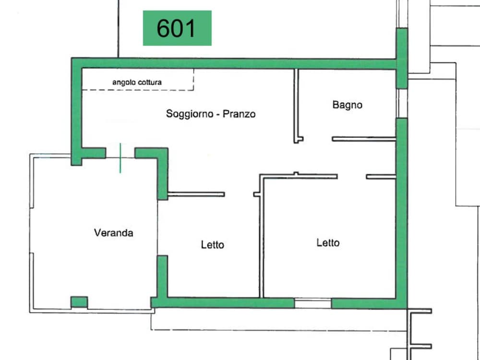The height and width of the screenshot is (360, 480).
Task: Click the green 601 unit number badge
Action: click(x=177, y=28)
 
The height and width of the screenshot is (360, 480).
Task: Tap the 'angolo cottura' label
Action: click(x=137, y=83)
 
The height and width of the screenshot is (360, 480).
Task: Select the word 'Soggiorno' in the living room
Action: click(x=190, y=114)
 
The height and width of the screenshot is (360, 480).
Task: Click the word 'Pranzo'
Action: click(x=239, y=114)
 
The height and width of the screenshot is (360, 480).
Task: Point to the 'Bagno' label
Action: click(x=348, y=105)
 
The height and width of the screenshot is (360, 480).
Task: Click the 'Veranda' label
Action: click(x=114, y=233)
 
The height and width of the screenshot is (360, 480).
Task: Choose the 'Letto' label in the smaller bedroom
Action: click(x=213, y=245)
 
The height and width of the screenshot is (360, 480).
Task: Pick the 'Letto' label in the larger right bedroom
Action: click(x=328, y=243)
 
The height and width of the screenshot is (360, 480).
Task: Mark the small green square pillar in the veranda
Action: click(x=79, y=302)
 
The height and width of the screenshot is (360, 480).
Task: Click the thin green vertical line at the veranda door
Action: click(x=120, y=158)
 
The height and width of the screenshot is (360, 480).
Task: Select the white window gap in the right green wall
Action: click(x=402, y=103)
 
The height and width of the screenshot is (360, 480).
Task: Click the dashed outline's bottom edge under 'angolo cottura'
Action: click(x=138, y=90)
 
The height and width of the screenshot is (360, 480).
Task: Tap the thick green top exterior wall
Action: click(x=234, y=63)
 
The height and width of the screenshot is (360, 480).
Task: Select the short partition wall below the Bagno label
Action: click(x=364, y=139)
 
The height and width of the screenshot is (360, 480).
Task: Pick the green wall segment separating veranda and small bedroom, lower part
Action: click(x=163, y=276)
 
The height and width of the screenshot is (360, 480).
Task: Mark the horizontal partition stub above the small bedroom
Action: click(x=196, y=194)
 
